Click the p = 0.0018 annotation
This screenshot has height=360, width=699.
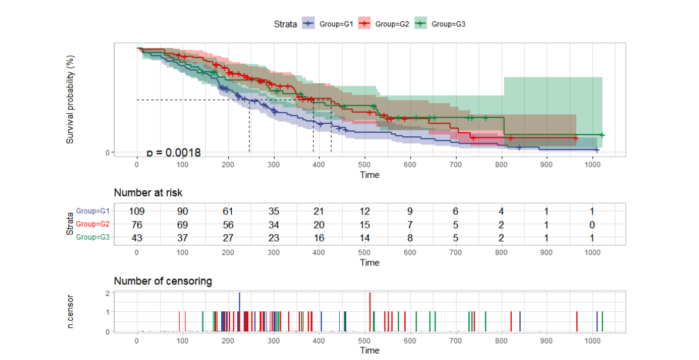tap(174, 153)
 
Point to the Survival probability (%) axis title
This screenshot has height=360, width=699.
tap(70, 100)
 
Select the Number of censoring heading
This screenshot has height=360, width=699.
tap(163, 281)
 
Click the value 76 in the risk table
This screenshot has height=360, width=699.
tap(137, 224)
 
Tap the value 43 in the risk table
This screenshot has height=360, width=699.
tap(137, 237)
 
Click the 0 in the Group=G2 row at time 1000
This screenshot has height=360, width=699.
tap(592, 224)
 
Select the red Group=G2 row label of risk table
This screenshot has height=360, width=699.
tap(93, 224)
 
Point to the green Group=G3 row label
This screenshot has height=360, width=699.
tap(93, 237)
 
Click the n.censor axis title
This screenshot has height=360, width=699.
tap(70, 312)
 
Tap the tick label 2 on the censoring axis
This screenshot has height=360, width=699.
tap(108, 293)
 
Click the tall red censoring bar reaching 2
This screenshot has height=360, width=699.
tap(370, 311)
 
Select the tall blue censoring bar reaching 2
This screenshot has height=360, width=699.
tap(239, 311)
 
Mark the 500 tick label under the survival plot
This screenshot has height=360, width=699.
tap(364, 164)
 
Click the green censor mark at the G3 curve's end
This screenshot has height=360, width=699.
tap(602, 135)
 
